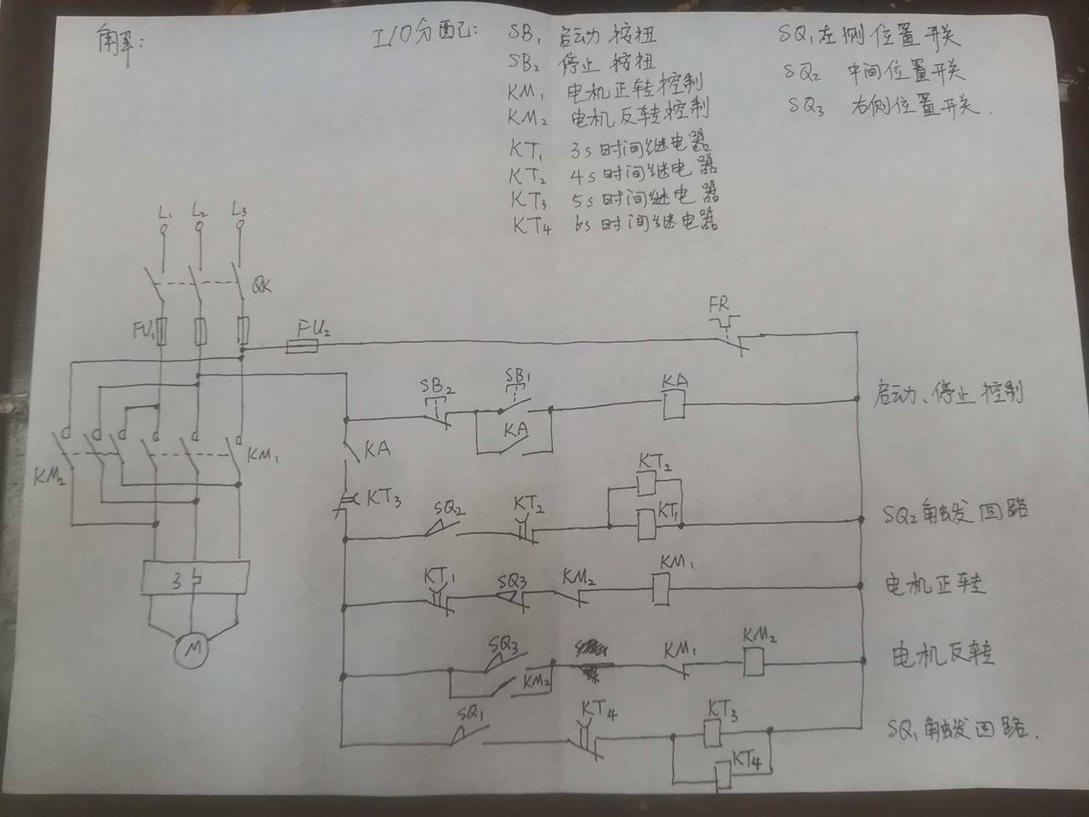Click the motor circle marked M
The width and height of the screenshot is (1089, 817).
(193, 650)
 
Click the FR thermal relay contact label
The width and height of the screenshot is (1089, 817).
(718, 304)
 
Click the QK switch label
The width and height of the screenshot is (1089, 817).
(261, 286)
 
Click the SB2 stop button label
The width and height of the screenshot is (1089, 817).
(437, 387)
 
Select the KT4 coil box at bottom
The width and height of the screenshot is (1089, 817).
(721, 773)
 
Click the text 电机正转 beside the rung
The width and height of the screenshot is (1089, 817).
(934, 583)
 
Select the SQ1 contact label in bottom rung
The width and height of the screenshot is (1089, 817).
(471, 714)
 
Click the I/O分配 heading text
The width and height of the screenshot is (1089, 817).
(423, 38)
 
